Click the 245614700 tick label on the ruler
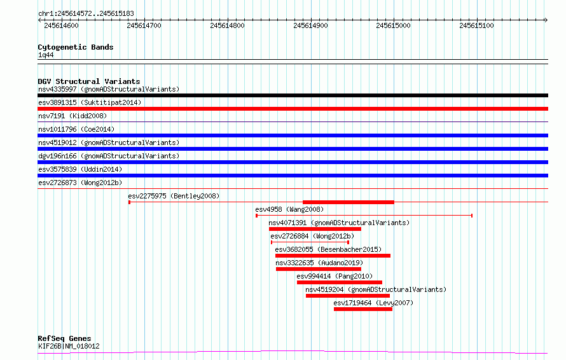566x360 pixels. (144, 25)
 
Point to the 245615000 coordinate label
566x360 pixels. (393, 25)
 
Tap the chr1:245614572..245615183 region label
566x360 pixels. (86, 14)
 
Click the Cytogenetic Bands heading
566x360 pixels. (76, 47)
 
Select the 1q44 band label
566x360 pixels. (46, 55)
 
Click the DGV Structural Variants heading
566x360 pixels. (89, 81)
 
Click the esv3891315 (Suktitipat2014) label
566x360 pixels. (90, 102)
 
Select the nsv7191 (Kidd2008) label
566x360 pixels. (72, 116)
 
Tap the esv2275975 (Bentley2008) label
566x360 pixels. (174, 196)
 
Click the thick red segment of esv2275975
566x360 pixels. (349, 202)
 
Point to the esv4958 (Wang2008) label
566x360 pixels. (289, 209)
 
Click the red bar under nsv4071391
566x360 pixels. (315, 229)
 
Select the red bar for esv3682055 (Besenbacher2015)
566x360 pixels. (333, 256)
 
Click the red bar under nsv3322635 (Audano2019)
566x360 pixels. (319, 269)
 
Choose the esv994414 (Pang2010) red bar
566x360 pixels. (340, 282)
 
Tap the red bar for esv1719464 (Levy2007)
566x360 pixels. (363, 309)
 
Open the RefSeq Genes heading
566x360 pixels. (64, 338)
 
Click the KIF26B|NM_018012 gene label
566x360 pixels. (69, 346)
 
